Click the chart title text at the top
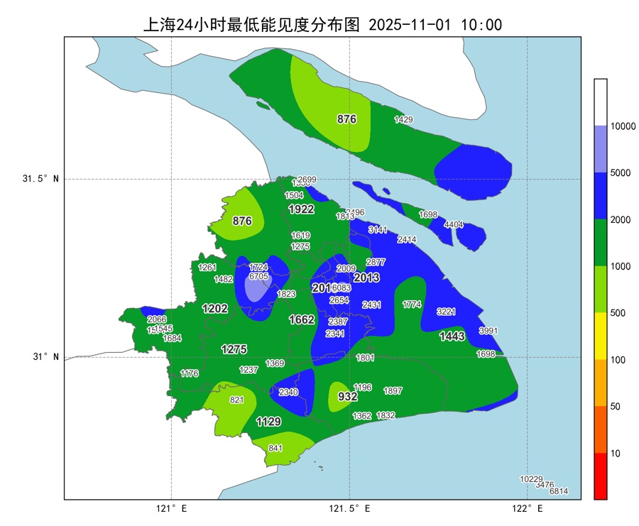(x=322, y=25)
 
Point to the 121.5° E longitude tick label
(x=349, y=509)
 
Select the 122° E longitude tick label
(x=527, y=509)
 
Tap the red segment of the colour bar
(x=601, y=476)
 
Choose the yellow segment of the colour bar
(x=601, y=336)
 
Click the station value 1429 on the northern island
(x=403, y=120)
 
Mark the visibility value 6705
(x=259, y=276)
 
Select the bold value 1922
(x=301, y=209)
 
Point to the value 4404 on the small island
(x=453, y=225)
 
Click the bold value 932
(x=347, y=397)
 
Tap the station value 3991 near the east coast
(x=488, y=331)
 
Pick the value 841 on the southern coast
(x=275, y=448)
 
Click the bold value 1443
(x=452, y=336)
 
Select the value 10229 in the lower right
(x=531, y=479)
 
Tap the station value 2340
(x=288, y=393)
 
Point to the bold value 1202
(x=215, y=309)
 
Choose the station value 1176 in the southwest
(x=190, y=373)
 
